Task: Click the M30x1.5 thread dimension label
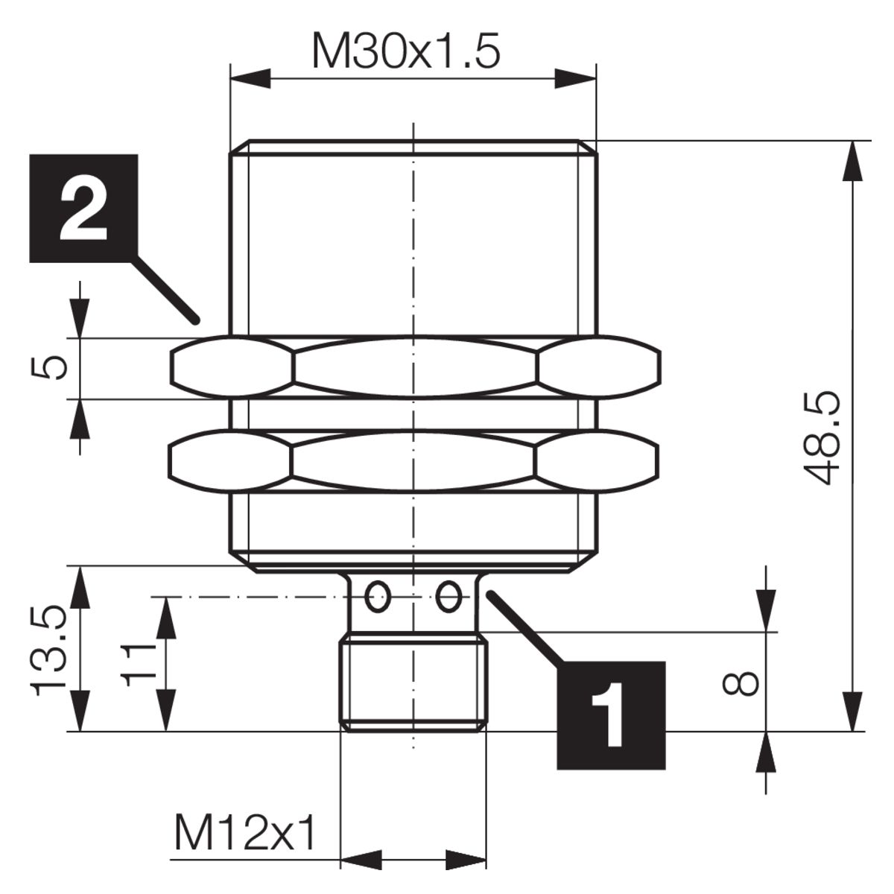(407, 50)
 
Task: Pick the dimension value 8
(741, 684)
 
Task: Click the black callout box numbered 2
(84, 209)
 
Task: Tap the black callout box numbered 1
(611, 715)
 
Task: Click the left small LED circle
(377, 596)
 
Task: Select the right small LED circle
(448, 596)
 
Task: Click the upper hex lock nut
(415, 367)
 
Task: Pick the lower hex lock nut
(413, 462)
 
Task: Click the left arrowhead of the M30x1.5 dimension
(250, 79)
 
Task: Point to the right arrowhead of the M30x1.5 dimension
(575, 79)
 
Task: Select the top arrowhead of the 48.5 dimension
(853, 161)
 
